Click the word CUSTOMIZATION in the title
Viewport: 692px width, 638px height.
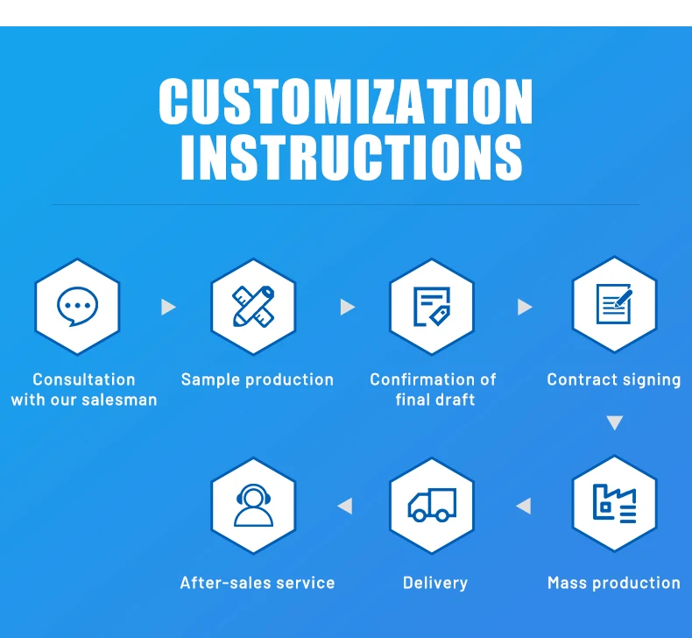(x=345, y=103)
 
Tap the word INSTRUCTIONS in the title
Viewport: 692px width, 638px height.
(x=351, y=158)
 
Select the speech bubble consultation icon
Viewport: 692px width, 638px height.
(x=77, y=306)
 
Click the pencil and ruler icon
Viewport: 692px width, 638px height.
(x=253, y=306)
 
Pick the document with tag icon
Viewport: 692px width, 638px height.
(x=432, y=306)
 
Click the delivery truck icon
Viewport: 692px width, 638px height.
(x=432, y=505)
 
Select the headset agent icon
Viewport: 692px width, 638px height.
(x=253, y=505)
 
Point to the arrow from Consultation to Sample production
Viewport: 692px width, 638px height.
(x=168, y=307)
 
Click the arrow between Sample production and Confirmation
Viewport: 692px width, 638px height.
(x=347, y=307)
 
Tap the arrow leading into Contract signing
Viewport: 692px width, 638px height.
(x=525, y=307)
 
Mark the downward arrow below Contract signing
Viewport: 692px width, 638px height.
(x=615, y=423)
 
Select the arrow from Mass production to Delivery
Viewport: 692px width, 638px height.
(x=524, y=506)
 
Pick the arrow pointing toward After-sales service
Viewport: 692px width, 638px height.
(x=345, y=506)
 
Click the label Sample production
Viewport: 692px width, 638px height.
(x=258, y=379)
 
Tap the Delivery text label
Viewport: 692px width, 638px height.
(x=435, y=583)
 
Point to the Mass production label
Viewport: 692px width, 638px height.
(x=614, y=583)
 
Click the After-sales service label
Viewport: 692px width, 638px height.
(x=258, y=583)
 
